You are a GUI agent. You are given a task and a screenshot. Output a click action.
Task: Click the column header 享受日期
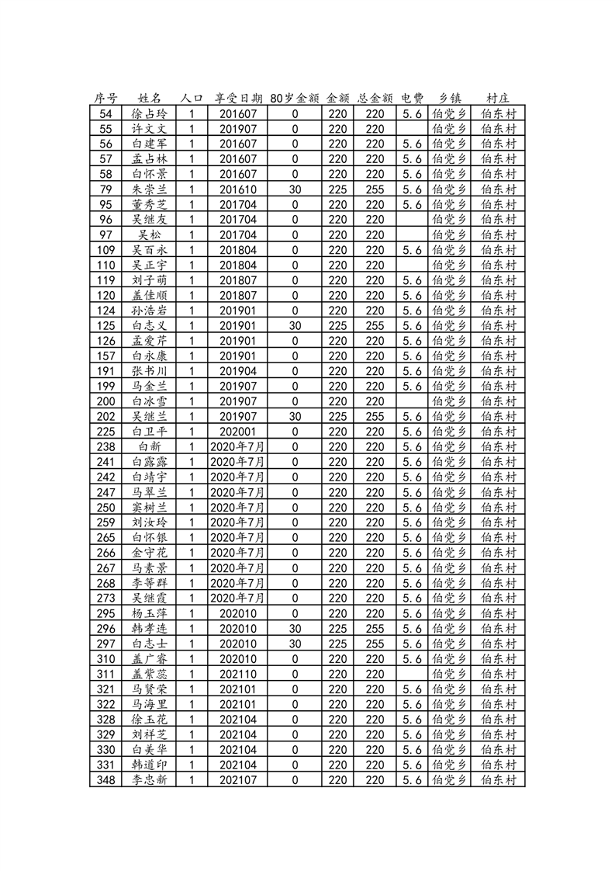pos(237,99)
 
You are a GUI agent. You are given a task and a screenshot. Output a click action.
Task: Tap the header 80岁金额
pos(295,99)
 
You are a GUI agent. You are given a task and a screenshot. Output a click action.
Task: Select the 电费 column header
pos(412,99)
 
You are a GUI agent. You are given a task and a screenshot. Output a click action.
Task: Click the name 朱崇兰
pos(150,189)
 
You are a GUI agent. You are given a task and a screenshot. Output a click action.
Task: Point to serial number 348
pos(107,780)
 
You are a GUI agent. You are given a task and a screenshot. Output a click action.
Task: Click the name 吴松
pos(150,234)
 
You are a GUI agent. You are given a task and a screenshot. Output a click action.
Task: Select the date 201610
pos(237,189)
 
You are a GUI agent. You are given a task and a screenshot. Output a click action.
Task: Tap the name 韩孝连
pos(150,629)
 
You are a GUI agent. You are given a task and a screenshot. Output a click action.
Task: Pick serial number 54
pos(107,113)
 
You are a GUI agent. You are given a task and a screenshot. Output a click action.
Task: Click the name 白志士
pos(150,644)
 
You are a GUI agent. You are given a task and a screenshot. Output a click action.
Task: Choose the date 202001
pos(237,432)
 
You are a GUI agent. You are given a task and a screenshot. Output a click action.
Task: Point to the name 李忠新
pos(150,780)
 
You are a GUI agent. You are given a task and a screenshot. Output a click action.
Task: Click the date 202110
pos(237,674)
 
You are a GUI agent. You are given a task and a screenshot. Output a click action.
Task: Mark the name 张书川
pos(150,371)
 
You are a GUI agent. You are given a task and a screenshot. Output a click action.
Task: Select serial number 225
pos(107,432)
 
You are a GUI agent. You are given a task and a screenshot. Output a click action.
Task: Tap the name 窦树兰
pos(150,508)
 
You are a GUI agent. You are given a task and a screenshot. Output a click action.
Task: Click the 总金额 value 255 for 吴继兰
pos(375,416)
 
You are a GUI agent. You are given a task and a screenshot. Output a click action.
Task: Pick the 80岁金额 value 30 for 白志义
pos(295,325)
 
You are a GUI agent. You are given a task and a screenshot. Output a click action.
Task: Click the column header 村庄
pos(498,99)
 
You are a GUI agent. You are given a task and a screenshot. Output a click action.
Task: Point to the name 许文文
pos(150,128)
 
